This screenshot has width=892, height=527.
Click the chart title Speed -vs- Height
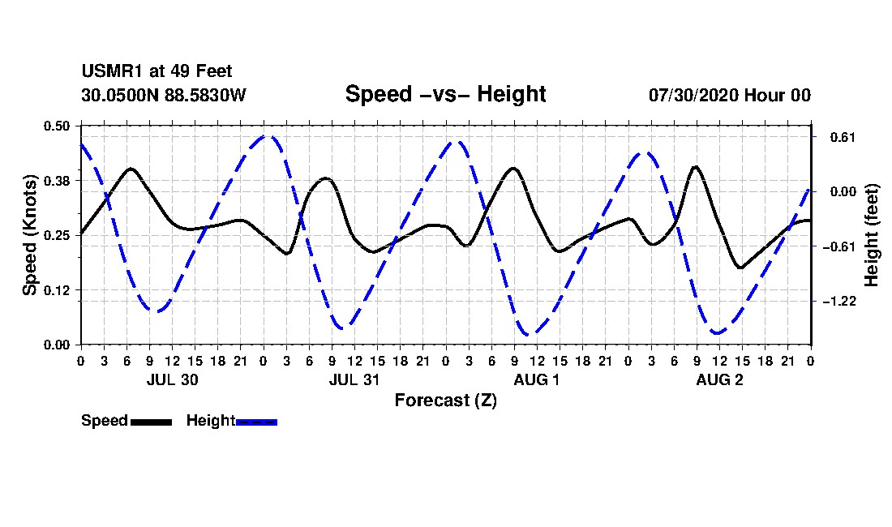point(445,94)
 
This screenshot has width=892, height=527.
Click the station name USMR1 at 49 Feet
point(157,71)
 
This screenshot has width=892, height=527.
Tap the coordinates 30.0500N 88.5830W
point(164,95)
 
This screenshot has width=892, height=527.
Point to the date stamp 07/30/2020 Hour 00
point(730,95)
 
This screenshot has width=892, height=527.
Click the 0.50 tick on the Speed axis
point(56,126)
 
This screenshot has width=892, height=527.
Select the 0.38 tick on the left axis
point(56,181)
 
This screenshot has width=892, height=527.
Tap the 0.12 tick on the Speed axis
point(56,290)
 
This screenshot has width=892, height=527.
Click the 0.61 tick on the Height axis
point(843,137)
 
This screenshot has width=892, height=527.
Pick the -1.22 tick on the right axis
point(839,302)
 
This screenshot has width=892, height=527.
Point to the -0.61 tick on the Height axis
point(839,246)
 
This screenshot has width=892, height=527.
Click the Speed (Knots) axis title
point(29,235)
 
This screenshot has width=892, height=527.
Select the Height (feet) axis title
point(872,235)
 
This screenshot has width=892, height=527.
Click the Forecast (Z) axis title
point(446,401)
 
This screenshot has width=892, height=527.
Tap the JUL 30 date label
point(173,379)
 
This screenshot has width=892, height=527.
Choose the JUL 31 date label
point(354,379)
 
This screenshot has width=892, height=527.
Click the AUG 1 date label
point(537,379)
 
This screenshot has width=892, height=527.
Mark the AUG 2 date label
point(719,379)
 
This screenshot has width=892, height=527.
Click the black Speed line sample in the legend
point(152,422)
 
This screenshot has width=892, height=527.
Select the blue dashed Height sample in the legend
point(256,422)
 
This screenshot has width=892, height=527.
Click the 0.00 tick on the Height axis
point(843,191)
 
